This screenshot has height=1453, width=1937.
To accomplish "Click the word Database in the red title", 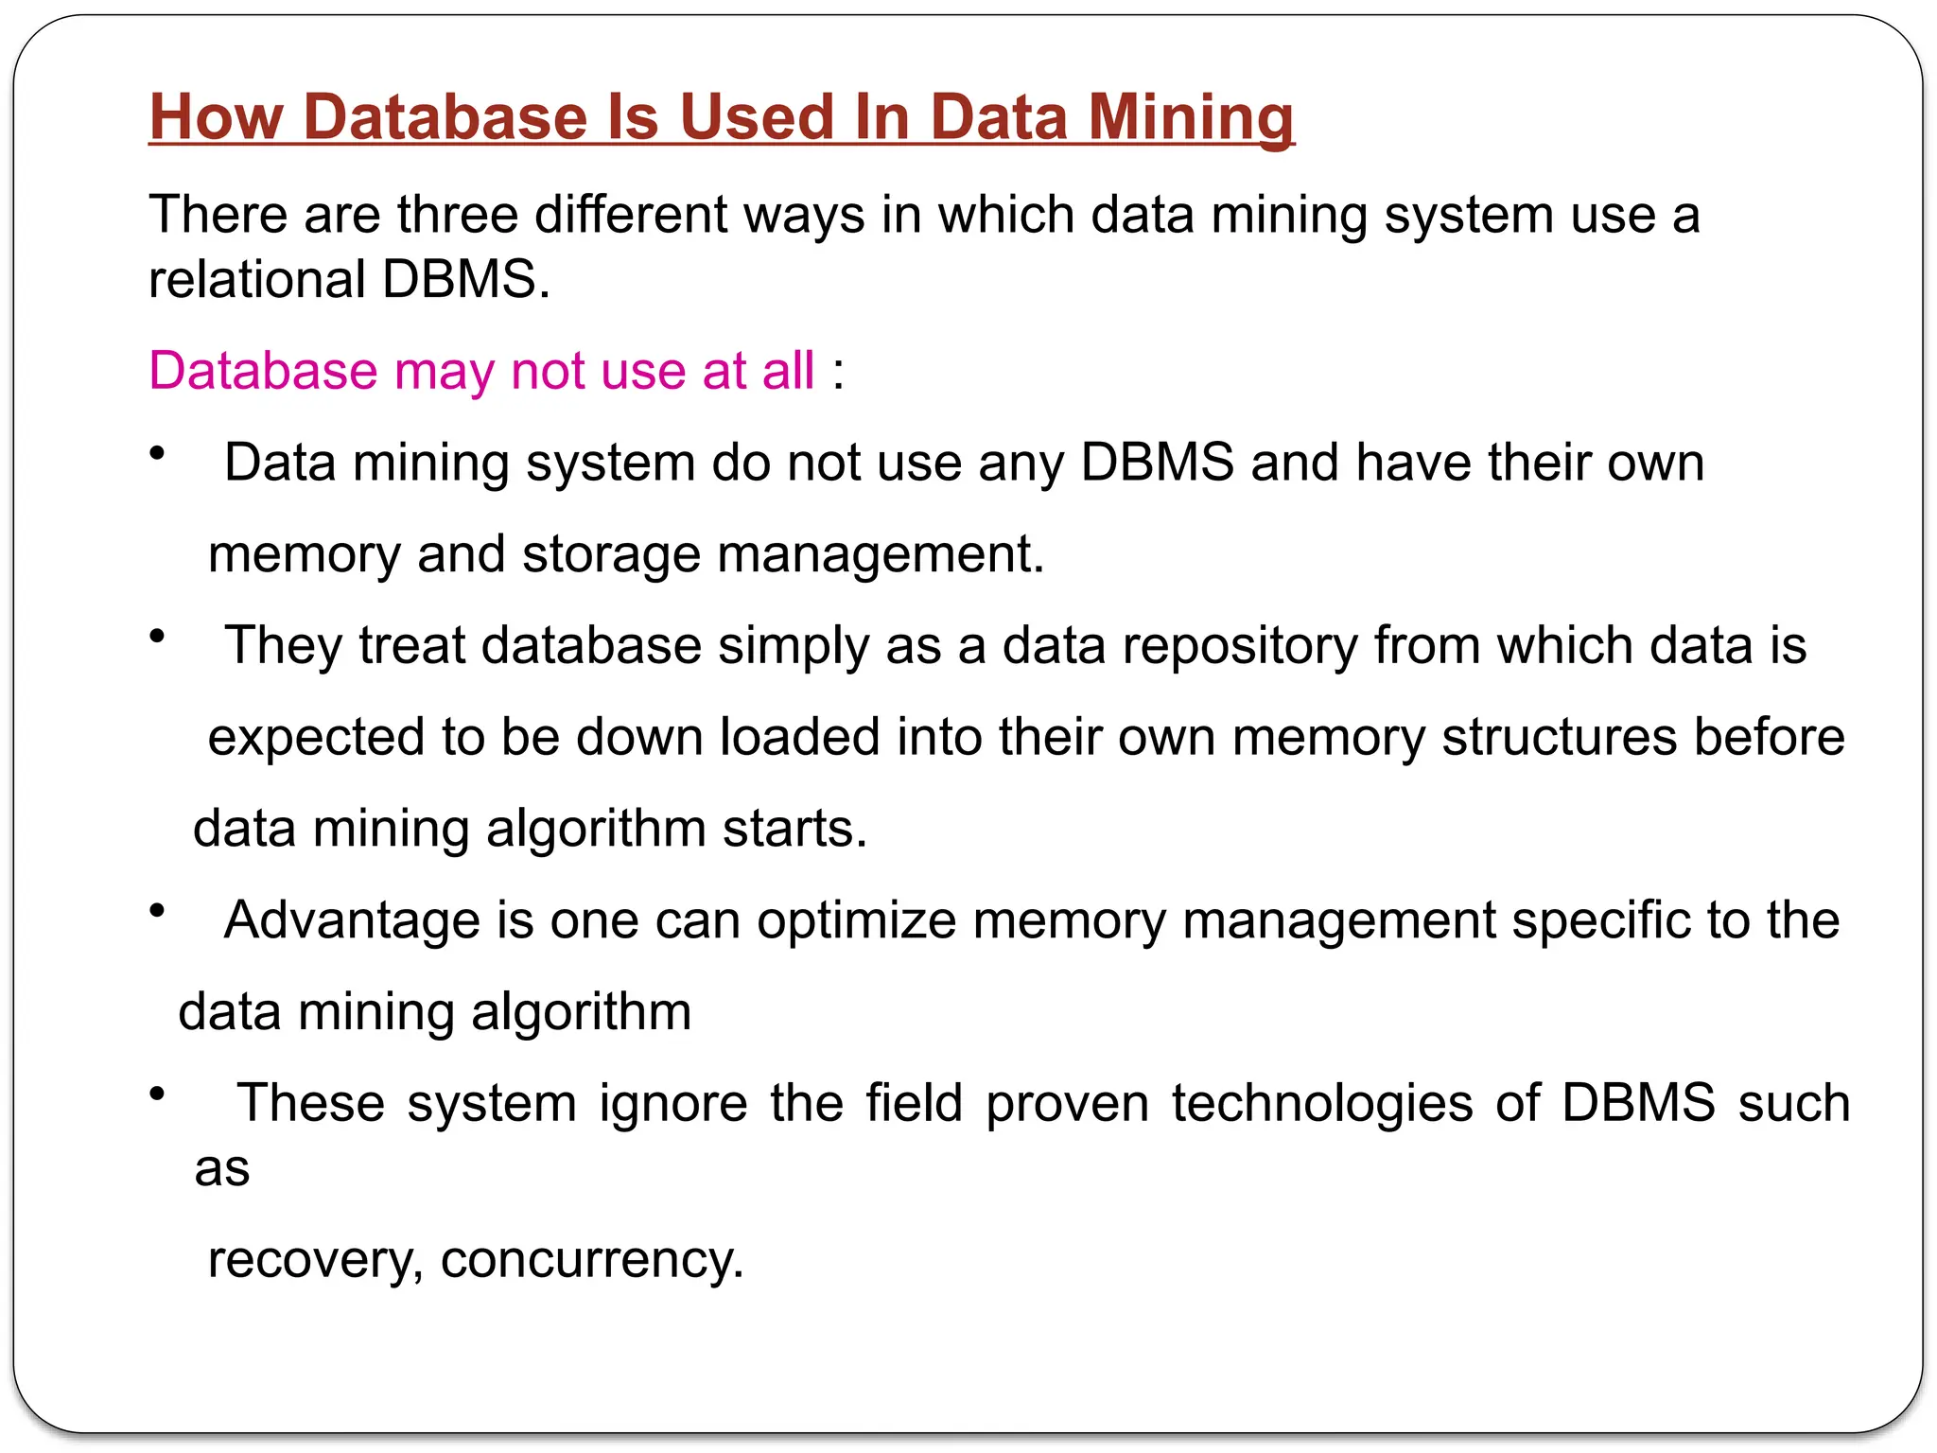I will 446,117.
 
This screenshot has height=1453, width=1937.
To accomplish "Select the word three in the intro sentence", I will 457,215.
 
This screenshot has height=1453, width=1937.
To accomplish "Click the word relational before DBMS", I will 257,280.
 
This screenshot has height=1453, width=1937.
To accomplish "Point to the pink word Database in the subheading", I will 263,370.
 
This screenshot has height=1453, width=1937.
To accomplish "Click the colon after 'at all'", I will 838,372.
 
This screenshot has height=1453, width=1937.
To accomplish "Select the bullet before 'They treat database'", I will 158,636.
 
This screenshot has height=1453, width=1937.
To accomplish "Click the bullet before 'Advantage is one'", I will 158,910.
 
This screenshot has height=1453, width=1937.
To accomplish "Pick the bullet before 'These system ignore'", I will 158,1094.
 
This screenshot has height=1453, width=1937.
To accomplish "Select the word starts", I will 794,829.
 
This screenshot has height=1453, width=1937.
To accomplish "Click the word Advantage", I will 352,920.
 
